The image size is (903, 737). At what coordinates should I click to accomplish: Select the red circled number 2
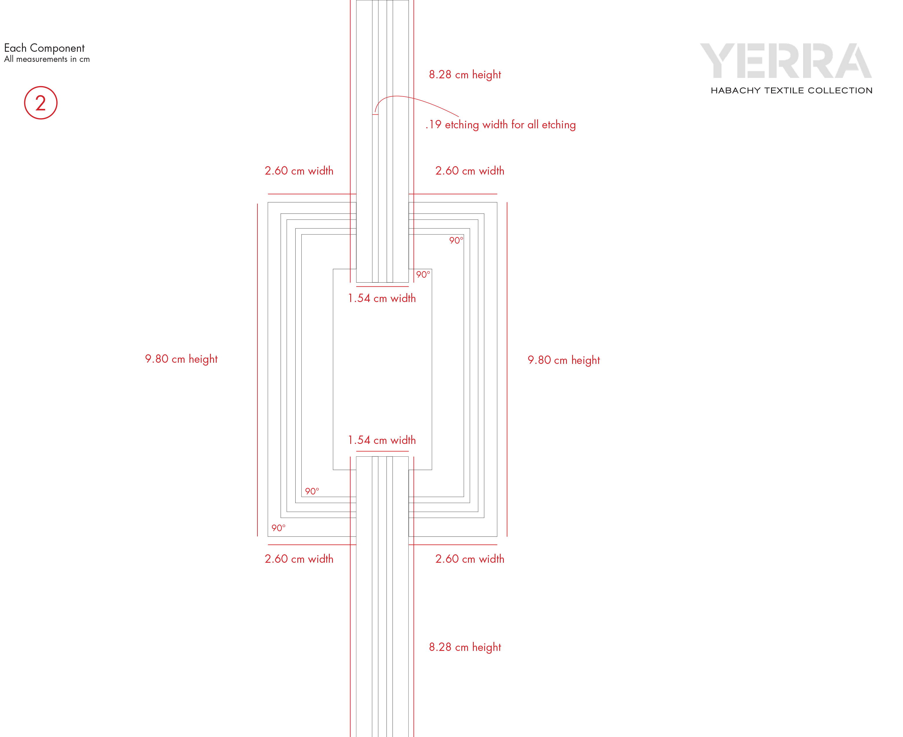click(41, 103)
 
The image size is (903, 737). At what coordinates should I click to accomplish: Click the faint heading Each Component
click(44, 48)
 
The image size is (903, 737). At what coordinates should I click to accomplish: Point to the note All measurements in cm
click(47, 59)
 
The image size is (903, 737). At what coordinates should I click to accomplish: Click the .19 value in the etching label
click(434, 124)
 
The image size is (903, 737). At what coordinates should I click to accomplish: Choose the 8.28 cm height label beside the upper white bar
click(465, 75)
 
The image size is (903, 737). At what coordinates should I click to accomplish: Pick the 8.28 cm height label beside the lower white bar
click(465, 647)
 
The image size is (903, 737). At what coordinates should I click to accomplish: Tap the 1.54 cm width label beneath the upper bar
click(382, 298)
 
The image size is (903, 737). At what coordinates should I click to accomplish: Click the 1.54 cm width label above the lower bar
click(382, 440)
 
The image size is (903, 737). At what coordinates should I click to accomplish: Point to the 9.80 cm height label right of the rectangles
click(564, 360)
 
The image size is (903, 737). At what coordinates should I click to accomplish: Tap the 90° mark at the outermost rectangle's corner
click(279, 528)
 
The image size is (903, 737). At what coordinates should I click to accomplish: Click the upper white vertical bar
click(382, 140)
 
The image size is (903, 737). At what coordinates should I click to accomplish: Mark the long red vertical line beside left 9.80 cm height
click(257, 369)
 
